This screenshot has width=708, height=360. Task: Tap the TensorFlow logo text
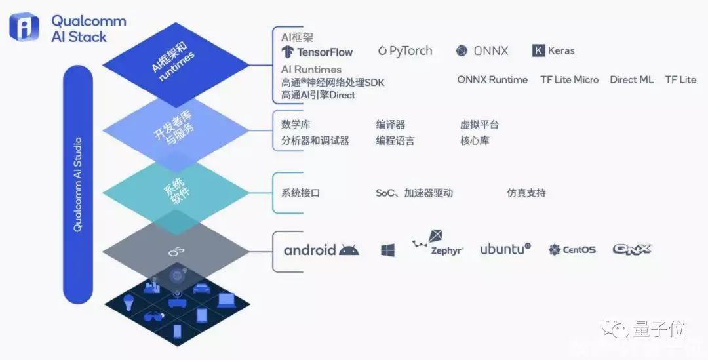(317, 52)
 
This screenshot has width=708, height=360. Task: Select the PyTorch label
(405, 50)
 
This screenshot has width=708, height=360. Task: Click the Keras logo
(553, 50)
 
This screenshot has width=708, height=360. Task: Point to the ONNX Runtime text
(492, 79)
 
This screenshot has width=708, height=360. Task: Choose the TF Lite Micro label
(569, 79)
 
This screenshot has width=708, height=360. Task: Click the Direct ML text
(631, 79)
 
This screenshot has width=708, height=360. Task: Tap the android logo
(321, 250)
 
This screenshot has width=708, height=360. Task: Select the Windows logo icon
(387, 250)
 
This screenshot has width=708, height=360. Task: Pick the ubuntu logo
(505, 249)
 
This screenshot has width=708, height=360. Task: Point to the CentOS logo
(572, 249)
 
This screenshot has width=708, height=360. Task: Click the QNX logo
(631, 249)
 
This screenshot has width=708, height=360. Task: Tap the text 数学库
(296, 125)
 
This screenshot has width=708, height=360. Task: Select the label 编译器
(390, 125)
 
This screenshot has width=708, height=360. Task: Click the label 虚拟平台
(479, 125)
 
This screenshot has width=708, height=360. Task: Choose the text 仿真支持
(526, 193)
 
